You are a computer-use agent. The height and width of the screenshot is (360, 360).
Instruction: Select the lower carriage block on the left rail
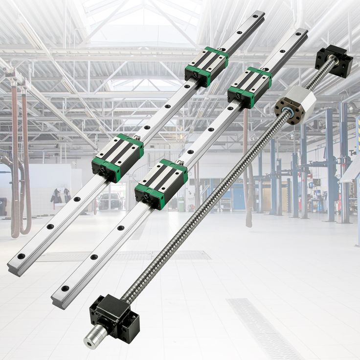click(x=117, y=157)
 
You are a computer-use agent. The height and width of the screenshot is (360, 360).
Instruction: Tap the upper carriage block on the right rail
click(x=250, y=87)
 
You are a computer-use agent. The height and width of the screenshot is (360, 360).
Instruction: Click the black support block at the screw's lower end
click(x=113, y=316)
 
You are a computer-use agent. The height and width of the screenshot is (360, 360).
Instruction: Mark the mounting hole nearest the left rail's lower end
click(x=21, y=256)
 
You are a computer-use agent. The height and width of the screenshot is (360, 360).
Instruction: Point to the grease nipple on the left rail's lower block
click(x=137, y=138)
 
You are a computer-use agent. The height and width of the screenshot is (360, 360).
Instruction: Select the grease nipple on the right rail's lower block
click(x=180, y=163)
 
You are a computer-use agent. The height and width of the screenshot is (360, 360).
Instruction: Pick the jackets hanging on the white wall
click(x=61, y=195)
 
